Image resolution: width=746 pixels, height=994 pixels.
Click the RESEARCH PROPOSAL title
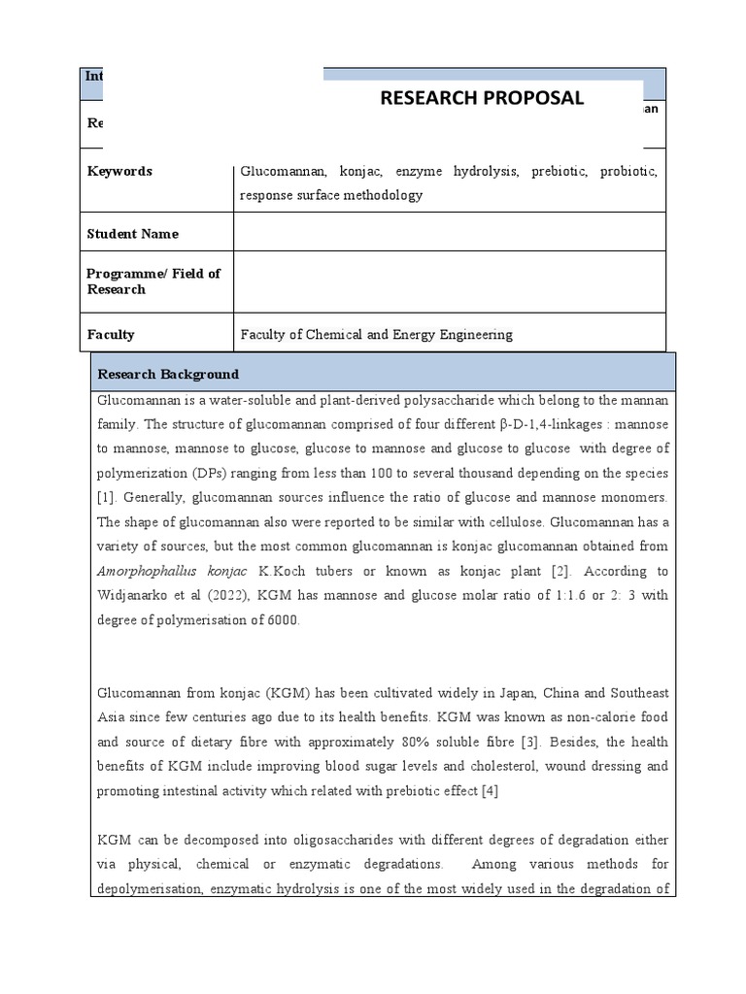[482, 97]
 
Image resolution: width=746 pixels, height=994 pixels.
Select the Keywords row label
[119, 171]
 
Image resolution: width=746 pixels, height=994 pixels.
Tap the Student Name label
[132, 234]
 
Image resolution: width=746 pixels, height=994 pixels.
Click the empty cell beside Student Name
[449, 232]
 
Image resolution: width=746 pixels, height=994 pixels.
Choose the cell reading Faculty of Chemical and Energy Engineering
[376, 335]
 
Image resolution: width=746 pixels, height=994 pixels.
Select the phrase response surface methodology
[331, 195]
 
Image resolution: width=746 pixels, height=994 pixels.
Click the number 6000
[280, 619]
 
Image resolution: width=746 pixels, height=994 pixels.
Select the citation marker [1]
[106, 498]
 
